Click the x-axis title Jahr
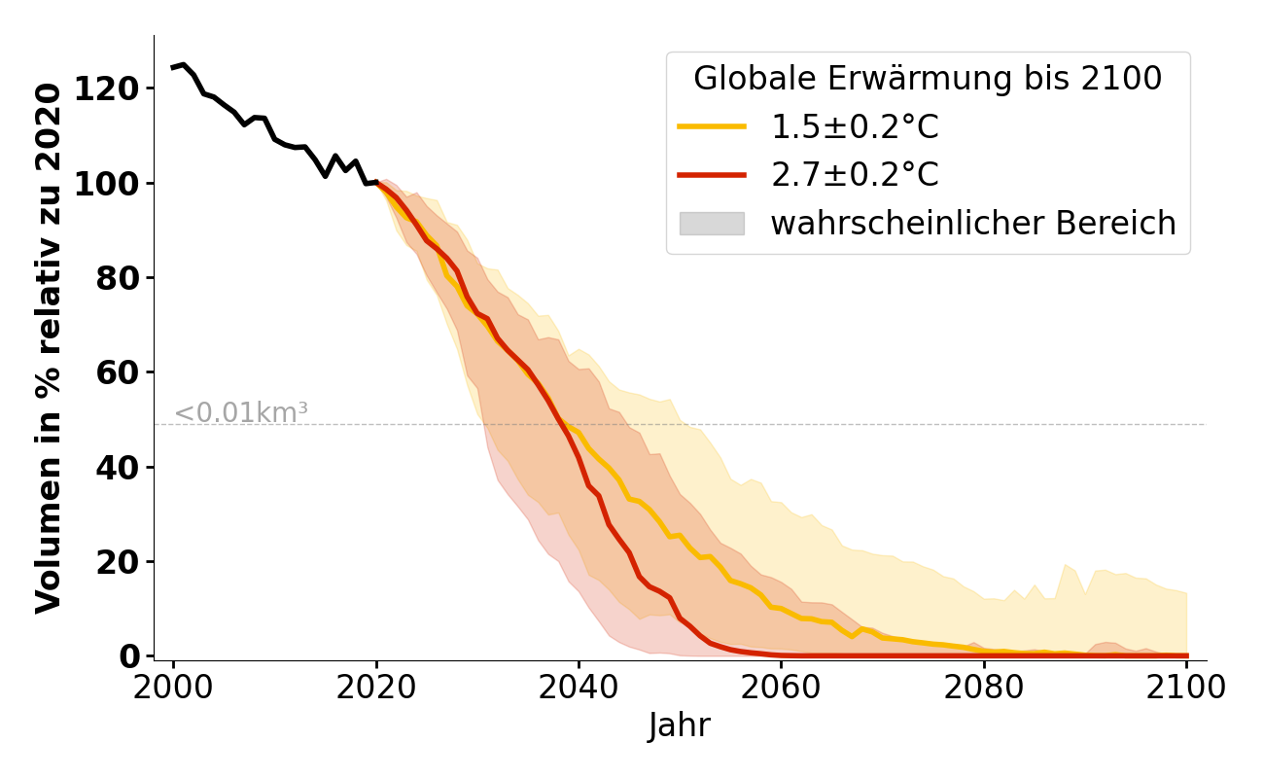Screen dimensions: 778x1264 pos(680,725)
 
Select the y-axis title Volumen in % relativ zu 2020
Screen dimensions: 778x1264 pos(49,347)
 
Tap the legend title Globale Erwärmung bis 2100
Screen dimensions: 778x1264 pos(928,79)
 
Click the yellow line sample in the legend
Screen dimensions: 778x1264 pos(712,126)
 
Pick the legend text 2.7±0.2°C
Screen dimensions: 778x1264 pos(855,175)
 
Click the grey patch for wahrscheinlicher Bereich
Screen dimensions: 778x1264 pos(712,224)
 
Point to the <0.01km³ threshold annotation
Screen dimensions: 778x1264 pos(241,412)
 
